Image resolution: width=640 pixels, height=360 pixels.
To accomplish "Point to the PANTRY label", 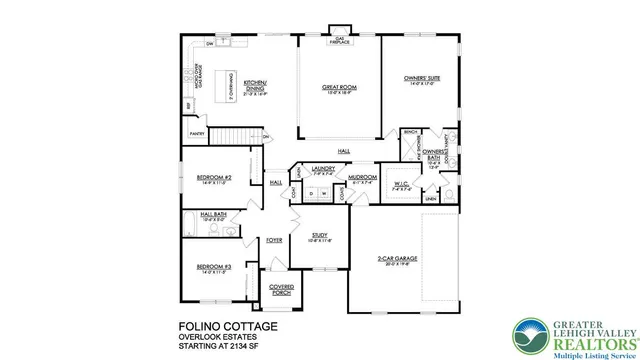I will pos(197,131).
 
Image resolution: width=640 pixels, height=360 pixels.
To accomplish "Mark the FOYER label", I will pos(273,240).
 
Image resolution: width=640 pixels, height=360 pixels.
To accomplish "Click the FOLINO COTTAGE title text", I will pos(229,326).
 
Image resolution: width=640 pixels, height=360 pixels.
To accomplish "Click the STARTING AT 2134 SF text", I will pos(229,347).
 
